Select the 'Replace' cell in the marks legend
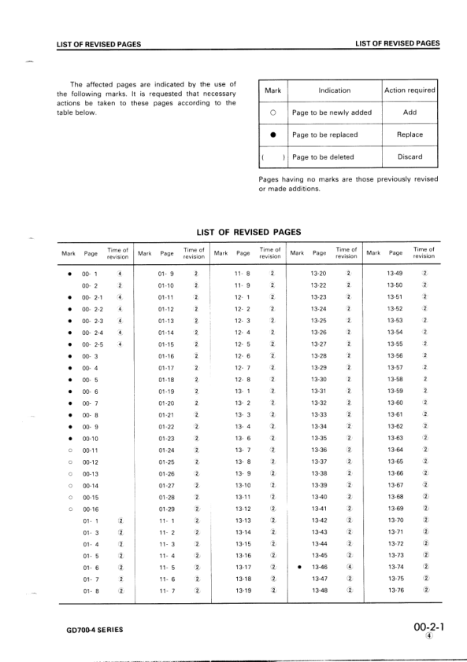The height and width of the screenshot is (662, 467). pyautogui.click(x=410, y=134)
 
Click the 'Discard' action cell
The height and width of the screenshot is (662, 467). pyautogui.click(x=410, y=156)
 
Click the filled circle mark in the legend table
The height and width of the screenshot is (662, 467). pyautogui.click(x=272, y=134)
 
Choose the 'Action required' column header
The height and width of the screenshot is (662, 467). pyautogui.click(x=410, y=90)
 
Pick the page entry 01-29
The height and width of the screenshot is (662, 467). pyautogui.click(x=166, y=509)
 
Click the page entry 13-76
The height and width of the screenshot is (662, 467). pyautogui.click(x=395, y=590)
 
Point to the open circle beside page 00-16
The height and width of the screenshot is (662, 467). pyautogui.click(x=71, y=509)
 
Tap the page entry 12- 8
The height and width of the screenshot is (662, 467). pyautogui.click(x=243, y=379)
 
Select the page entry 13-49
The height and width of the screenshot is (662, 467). pyautogui.click(x=395, y=273)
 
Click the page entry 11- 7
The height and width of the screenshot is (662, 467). pyautogui.click(x=166, y=590)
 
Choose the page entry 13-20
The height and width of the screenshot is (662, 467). pyautogui.click(x=319, y=273)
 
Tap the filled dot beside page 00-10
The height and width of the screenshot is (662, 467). pyautogui.click(x=71, y=438)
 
